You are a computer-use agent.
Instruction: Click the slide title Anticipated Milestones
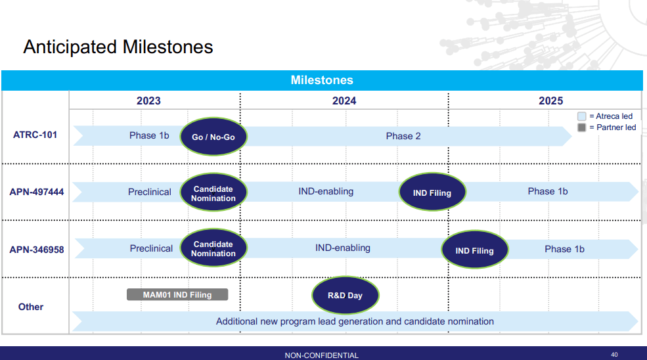(x=118, y=47)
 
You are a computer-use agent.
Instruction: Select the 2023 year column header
(x=148, y=101)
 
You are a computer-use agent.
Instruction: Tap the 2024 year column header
(x=344, y=101)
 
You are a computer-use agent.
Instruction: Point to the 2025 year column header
(x=550, y=101)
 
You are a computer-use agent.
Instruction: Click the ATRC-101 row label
(x=35, y=135)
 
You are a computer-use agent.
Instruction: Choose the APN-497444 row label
(x=37, y=192)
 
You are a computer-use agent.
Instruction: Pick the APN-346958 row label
(x=37, y=250)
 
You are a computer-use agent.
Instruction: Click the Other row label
(x=31, y=307)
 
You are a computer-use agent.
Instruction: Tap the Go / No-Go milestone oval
(x=213, y=137)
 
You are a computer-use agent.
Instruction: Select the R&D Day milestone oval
(x=345, y=295)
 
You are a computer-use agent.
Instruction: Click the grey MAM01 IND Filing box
(x=177, y=295)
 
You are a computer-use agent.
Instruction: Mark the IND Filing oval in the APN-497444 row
(x=432, y=193)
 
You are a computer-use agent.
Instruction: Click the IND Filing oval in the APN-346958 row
(x=474, y=251)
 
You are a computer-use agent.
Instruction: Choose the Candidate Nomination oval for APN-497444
(x=213, y=193)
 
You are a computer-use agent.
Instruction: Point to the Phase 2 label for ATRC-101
(x=403, y=136)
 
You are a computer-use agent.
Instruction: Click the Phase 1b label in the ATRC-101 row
(x=149, y=135)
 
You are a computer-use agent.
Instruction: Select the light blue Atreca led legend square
(x=581, y=116)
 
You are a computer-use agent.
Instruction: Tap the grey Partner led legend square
(x=581, y=127)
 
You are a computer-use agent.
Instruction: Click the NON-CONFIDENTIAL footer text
(x=321, y=355)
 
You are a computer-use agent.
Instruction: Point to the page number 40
(x=614, y=355)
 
